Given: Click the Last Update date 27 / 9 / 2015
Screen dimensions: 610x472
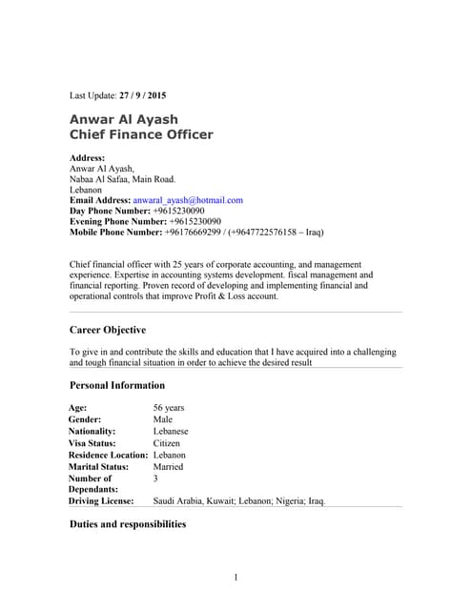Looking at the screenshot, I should (x=142, y=96).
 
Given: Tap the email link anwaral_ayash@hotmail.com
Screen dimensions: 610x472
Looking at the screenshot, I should (x=188, y=200).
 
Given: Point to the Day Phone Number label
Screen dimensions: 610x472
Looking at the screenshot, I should (x=110, y=211).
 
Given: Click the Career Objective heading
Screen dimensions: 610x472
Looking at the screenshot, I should (x=108, y=330).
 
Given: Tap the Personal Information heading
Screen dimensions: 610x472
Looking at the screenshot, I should (x=117, y=385).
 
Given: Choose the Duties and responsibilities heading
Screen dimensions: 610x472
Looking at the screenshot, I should (x=128, y=524).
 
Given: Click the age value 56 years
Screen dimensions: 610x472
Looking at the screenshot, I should (x=169, y=408).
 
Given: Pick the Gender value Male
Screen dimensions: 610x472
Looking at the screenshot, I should (x=163, y=419).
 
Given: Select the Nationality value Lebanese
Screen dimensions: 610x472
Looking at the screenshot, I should (x=173, y=431).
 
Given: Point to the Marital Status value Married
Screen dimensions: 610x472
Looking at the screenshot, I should (x=168, y=467).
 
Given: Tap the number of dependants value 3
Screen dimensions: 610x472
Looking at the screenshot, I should (x=155, y=478).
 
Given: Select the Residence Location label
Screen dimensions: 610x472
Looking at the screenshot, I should (x=108, y=456).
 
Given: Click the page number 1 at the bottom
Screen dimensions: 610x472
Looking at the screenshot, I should (x=236, y=578).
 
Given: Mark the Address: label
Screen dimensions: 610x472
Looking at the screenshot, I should (x=88, y=157).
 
